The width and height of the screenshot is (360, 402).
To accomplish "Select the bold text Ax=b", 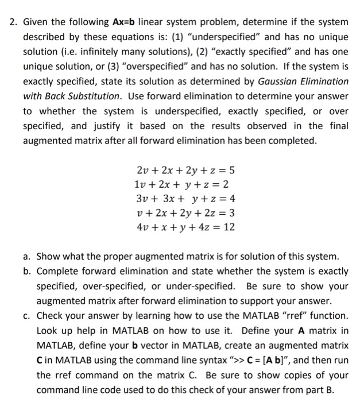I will click(124, 22).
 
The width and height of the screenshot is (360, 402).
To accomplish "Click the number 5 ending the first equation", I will click(231, 170).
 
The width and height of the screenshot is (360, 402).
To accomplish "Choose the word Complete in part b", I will click(57, 270).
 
